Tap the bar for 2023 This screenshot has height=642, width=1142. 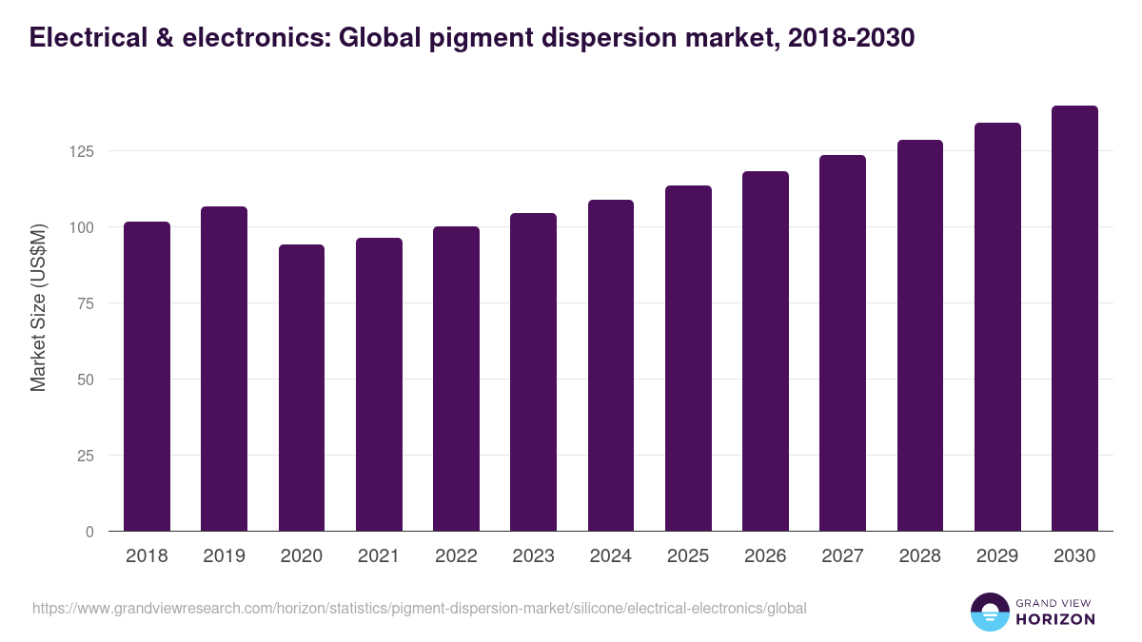coord(533,372)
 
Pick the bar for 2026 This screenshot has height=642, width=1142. coord(765,351)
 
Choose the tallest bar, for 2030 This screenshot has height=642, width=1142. coord(1074,319)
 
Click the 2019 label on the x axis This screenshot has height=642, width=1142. coord(224,556)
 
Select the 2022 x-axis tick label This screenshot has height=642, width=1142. coord(456,556)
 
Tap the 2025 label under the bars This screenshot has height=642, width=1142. coord(688,556)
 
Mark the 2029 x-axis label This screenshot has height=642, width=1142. coord(997,556)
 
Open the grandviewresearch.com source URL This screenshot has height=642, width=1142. coord(420,608)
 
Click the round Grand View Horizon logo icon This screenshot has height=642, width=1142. coord(989,612)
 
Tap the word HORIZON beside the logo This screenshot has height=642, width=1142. coord(1054,619)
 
